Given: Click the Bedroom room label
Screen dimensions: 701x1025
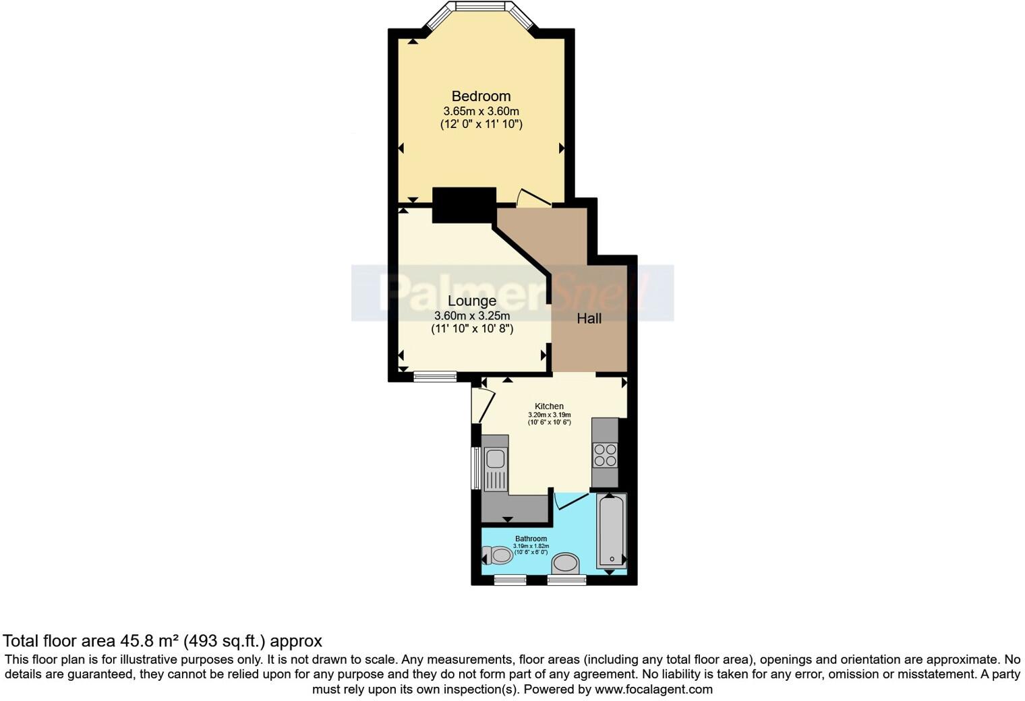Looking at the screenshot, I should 481,96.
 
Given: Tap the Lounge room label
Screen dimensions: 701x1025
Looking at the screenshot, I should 472,301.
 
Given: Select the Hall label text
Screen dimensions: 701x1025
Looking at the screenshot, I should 589,318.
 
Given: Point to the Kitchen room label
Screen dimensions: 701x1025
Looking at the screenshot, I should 549,406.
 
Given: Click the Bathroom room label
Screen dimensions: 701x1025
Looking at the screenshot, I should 531,539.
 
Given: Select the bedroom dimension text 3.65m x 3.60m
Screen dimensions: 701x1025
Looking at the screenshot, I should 481,111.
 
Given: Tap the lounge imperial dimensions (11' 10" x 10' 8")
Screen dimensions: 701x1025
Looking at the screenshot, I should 472,329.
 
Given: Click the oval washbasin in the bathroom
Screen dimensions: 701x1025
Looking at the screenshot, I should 566,564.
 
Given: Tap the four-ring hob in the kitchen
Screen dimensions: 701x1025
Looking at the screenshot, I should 605,455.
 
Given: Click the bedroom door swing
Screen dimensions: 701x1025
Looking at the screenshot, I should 532,197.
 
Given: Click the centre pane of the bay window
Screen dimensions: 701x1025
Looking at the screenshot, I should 481,7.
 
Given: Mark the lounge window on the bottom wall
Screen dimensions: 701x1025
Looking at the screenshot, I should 434,376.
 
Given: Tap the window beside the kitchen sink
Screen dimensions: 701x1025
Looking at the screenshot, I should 476,468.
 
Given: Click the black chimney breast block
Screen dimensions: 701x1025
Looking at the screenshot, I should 463,204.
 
